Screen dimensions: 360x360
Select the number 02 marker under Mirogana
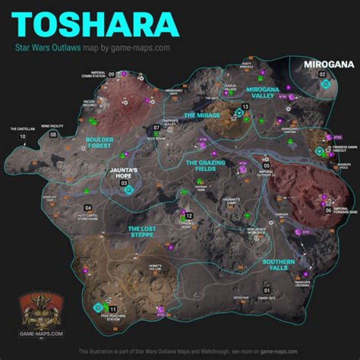(x=322, y=74)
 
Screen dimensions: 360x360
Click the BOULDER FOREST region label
(x=99, y=143)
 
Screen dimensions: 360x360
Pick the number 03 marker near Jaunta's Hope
(x=123, y=183)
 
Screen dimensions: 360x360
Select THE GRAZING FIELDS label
(x=205, y=165)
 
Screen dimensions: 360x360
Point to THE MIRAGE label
(x=201, y=115)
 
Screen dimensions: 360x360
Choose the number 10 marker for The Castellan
(x=22, y=136)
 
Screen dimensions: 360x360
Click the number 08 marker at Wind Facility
(x=52, y=133)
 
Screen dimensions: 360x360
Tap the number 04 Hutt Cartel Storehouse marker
(x=88, y=207)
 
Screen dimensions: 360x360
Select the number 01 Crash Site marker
(x=267, y=290)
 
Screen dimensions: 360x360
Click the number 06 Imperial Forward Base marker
(x=328, y=210)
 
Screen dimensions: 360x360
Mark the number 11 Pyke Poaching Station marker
(x=113, y=309)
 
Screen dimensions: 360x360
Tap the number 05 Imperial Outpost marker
(x=266, y=165)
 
